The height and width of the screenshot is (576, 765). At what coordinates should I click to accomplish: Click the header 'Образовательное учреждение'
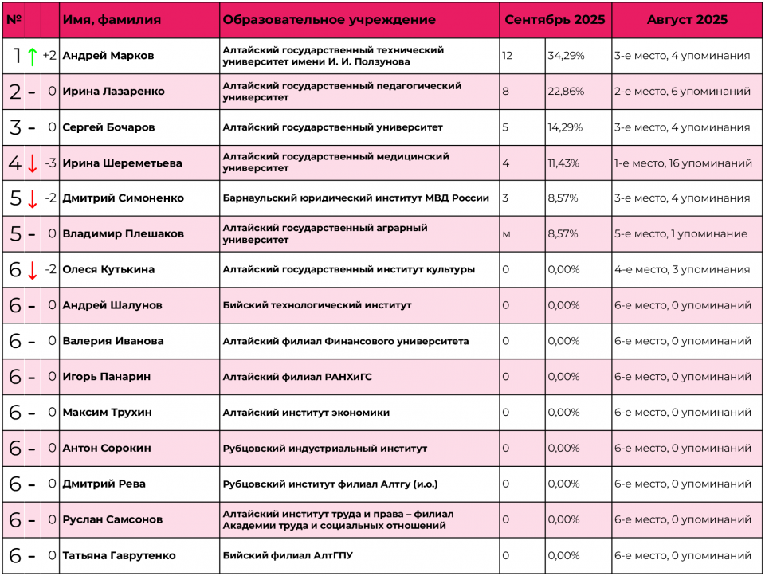[329, 20]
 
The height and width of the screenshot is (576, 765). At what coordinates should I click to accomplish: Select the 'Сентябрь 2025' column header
[555, 20]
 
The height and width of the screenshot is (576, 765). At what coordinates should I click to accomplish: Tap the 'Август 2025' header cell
[687, 20]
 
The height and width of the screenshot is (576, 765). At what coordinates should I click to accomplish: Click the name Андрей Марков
[108, 56]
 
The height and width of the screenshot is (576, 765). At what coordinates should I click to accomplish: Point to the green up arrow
[32, 57]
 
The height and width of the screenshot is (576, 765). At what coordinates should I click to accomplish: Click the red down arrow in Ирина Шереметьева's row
[32, 163]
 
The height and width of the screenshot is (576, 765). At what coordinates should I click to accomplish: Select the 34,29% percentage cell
[566, 56]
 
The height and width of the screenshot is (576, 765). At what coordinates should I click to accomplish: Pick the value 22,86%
[566, 92]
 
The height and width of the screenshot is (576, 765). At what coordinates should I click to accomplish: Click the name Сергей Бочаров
[108, 127]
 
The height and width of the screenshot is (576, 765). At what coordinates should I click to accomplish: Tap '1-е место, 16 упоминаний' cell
[683, 163]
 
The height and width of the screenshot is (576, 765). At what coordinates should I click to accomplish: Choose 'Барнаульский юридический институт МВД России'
[356, 198]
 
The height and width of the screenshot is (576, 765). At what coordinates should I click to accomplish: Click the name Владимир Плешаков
[123, 234]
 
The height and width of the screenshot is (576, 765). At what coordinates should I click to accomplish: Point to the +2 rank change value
[49, 56]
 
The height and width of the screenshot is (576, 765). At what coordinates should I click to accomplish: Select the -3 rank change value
[50, 163]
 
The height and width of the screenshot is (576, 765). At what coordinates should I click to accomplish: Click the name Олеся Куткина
[108, 269]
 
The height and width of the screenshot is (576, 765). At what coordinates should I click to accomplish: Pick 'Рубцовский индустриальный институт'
[325, 449]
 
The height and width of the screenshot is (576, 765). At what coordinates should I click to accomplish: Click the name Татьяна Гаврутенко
[119, 555]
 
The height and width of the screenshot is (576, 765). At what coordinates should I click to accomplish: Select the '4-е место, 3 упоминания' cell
[681, 269]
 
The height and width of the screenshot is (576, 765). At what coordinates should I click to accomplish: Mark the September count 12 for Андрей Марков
[508, 56]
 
